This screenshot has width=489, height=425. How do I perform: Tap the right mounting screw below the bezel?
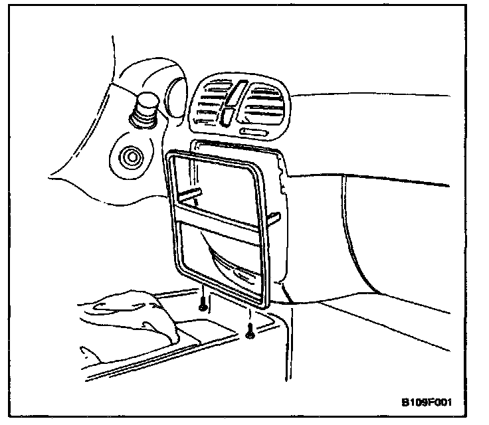[250, 333]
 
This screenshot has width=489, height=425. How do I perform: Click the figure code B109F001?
[430, 402]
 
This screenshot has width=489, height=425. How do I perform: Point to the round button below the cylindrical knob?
[128, 158]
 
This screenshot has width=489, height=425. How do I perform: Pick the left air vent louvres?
[208, 105]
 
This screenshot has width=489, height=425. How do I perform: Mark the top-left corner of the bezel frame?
[167, 155]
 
